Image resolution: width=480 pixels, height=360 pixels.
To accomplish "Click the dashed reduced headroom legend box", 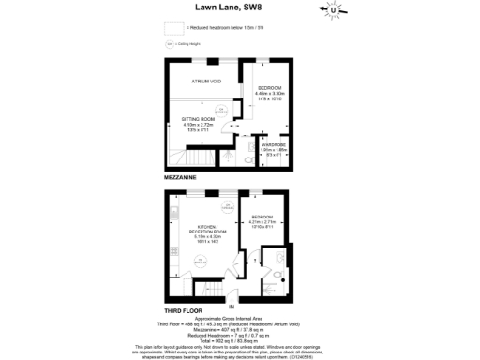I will click(172, 28).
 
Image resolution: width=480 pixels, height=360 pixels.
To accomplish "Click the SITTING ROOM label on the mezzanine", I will click(200, 119).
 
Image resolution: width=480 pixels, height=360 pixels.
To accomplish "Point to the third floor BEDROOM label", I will click(263, 217).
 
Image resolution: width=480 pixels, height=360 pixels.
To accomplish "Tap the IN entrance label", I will click(232, 306).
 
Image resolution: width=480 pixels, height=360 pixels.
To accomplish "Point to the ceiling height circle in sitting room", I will click(217, 104).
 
